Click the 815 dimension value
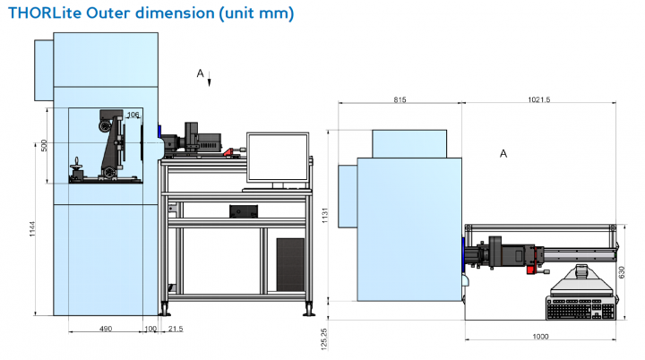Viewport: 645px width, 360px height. [400, 99]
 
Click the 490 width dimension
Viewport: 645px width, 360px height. [105, 330]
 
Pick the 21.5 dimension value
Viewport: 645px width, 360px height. [175, 330]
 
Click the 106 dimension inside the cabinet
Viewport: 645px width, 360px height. [133, 115]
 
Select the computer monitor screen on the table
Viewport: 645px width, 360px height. [278, 159]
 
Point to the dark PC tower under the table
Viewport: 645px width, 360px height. [290, 261]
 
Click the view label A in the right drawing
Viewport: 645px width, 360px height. [503, 153]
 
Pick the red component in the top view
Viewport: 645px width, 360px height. [535, 267]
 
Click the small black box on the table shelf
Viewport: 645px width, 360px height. [244, 211]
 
